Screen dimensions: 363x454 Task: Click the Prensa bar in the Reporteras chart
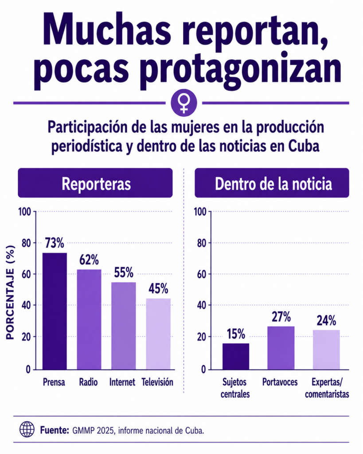pos(55,311)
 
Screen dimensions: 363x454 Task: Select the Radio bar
pos(89,319)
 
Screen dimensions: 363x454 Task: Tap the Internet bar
pos(124,326)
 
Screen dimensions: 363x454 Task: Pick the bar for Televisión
pos(158,334)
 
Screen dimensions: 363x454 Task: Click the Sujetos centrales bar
pos(236,356)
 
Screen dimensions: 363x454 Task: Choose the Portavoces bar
pos(281,348)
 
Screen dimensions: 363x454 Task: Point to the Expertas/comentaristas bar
pos(326,349)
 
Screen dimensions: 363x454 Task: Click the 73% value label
pos(55,243)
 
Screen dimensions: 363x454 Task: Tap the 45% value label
pos(158,289)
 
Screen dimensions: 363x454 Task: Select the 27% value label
pos(281,317)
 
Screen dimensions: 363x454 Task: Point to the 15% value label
pos(236,334)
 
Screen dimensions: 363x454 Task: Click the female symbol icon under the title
pos(184,103)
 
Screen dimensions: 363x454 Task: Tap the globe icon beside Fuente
pos(27,429)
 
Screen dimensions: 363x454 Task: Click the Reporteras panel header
pos(95,183)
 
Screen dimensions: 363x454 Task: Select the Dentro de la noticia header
pos(272,183)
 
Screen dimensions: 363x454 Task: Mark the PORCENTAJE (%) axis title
pos(10,292)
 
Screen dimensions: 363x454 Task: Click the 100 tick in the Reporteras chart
pos(25,211)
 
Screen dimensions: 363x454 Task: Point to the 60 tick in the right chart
pos(202,274)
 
